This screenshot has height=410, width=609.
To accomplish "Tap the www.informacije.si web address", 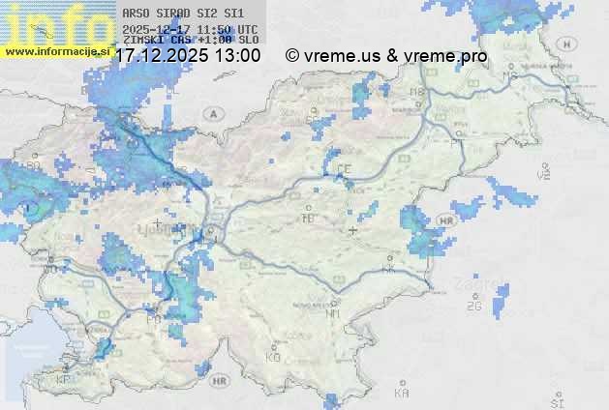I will [x=56, y=51].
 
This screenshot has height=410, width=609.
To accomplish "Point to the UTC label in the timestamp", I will [x=248, y=30].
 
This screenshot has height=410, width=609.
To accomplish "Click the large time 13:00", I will [x=237, y=56].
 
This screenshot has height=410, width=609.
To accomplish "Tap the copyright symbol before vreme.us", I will [x=292, y=56].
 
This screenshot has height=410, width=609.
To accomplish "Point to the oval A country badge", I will [x=211, y=113].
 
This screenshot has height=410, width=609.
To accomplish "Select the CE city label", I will [x=344, y=168].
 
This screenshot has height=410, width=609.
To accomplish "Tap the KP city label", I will [x=64, y=380].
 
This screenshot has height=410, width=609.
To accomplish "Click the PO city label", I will [x=152, y=317].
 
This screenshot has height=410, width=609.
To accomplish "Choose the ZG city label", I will [x=473, y=307].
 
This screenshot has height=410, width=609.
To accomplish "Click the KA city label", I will [x=402, y=392].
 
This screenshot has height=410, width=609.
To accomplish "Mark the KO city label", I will [x=273, y=357].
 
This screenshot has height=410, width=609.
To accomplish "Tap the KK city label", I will [x=389, y=270].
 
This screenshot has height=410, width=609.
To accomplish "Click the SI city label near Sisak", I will [x=556, y=401].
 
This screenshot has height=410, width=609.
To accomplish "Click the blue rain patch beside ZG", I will [x=500, y=300].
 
